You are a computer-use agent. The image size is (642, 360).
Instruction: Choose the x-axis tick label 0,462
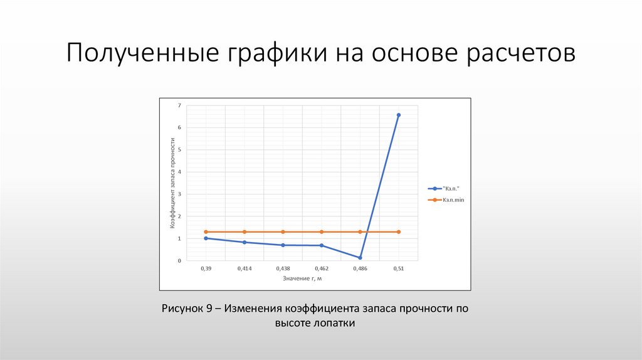point(321,268)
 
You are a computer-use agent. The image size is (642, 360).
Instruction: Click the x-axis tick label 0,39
point(206,268)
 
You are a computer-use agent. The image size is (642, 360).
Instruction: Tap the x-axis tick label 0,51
point(399,268)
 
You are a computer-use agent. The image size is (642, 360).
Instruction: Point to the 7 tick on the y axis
point(179,105)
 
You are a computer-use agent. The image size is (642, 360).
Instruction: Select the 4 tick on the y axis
point(179,172)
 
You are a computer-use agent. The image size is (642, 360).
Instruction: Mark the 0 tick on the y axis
point(179,260)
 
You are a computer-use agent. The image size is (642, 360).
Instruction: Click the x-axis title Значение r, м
point(302,278)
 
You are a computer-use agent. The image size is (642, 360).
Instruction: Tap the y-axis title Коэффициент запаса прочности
point(171,183)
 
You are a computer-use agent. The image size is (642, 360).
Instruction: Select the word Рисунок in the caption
point(182,309)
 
